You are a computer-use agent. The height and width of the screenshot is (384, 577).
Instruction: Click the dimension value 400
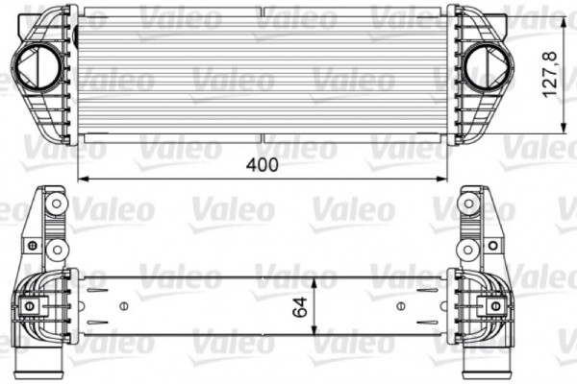click(x=262, y=164)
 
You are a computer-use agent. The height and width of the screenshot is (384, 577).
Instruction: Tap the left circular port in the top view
click(x=37, y=67)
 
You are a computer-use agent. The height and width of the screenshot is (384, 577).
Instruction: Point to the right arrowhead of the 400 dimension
click(x=444, y=179)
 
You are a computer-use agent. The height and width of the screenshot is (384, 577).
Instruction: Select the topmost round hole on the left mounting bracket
click(x=54, y=204)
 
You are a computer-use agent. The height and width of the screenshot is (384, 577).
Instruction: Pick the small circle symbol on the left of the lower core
click(x=122, y=306)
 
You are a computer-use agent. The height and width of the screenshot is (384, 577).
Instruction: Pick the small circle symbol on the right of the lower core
click(x=400, y=306)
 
